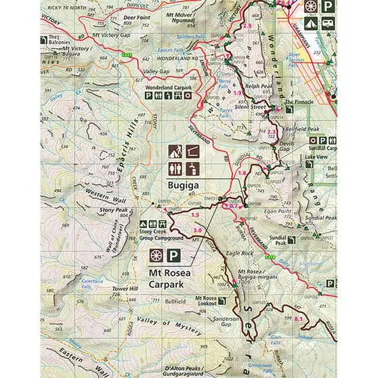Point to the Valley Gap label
coord(156,71)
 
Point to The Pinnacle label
coord(299,102)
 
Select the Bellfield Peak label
coord(301,129)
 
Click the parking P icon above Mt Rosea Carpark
coord(173,256)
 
